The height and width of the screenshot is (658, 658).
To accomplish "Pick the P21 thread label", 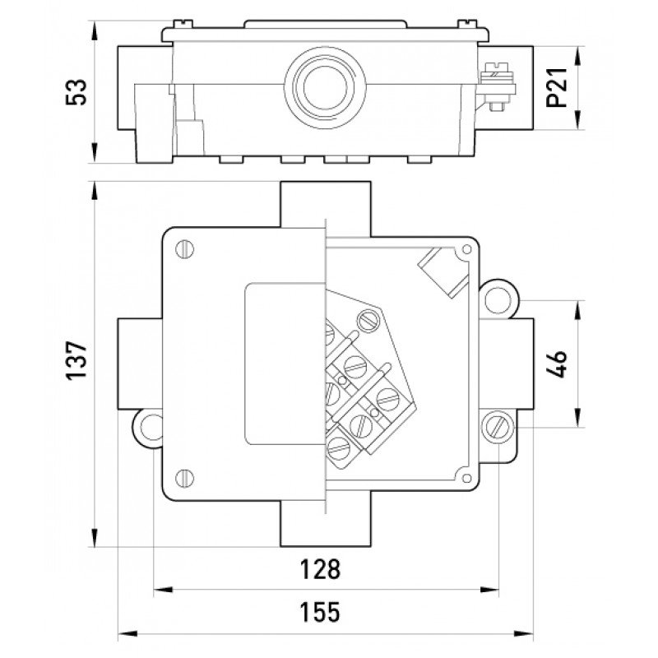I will [558, 89].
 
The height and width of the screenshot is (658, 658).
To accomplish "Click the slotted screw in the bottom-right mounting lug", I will [498, 426].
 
